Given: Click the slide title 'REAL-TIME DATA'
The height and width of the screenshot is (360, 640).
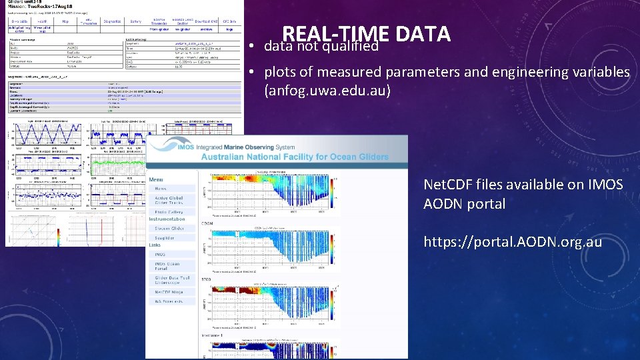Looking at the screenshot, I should (366, 33).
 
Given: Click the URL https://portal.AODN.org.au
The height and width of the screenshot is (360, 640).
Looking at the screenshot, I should (512, 241).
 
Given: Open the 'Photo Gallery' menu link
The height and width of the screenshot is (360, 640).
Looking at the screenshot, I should (169, 211).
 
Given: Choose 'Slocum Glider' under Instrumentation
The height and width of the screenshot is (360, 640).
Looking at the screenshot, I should (169, 228).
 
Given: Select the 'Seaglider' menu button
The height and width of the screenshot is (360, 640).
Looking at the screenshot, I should (165, 237).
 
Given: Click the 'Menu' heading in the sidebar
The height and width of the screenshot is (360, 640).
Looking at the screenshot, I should (157, 179).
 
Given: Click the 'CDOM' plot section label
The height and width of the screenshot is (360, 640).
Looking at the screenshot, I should (217, 224).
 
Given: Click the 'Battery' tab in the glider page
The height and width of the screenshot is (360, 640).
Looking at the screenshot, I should (136, 22).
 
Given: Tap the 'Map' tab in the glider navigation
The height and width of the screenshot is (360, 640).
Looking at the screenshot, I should (65, 22).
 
